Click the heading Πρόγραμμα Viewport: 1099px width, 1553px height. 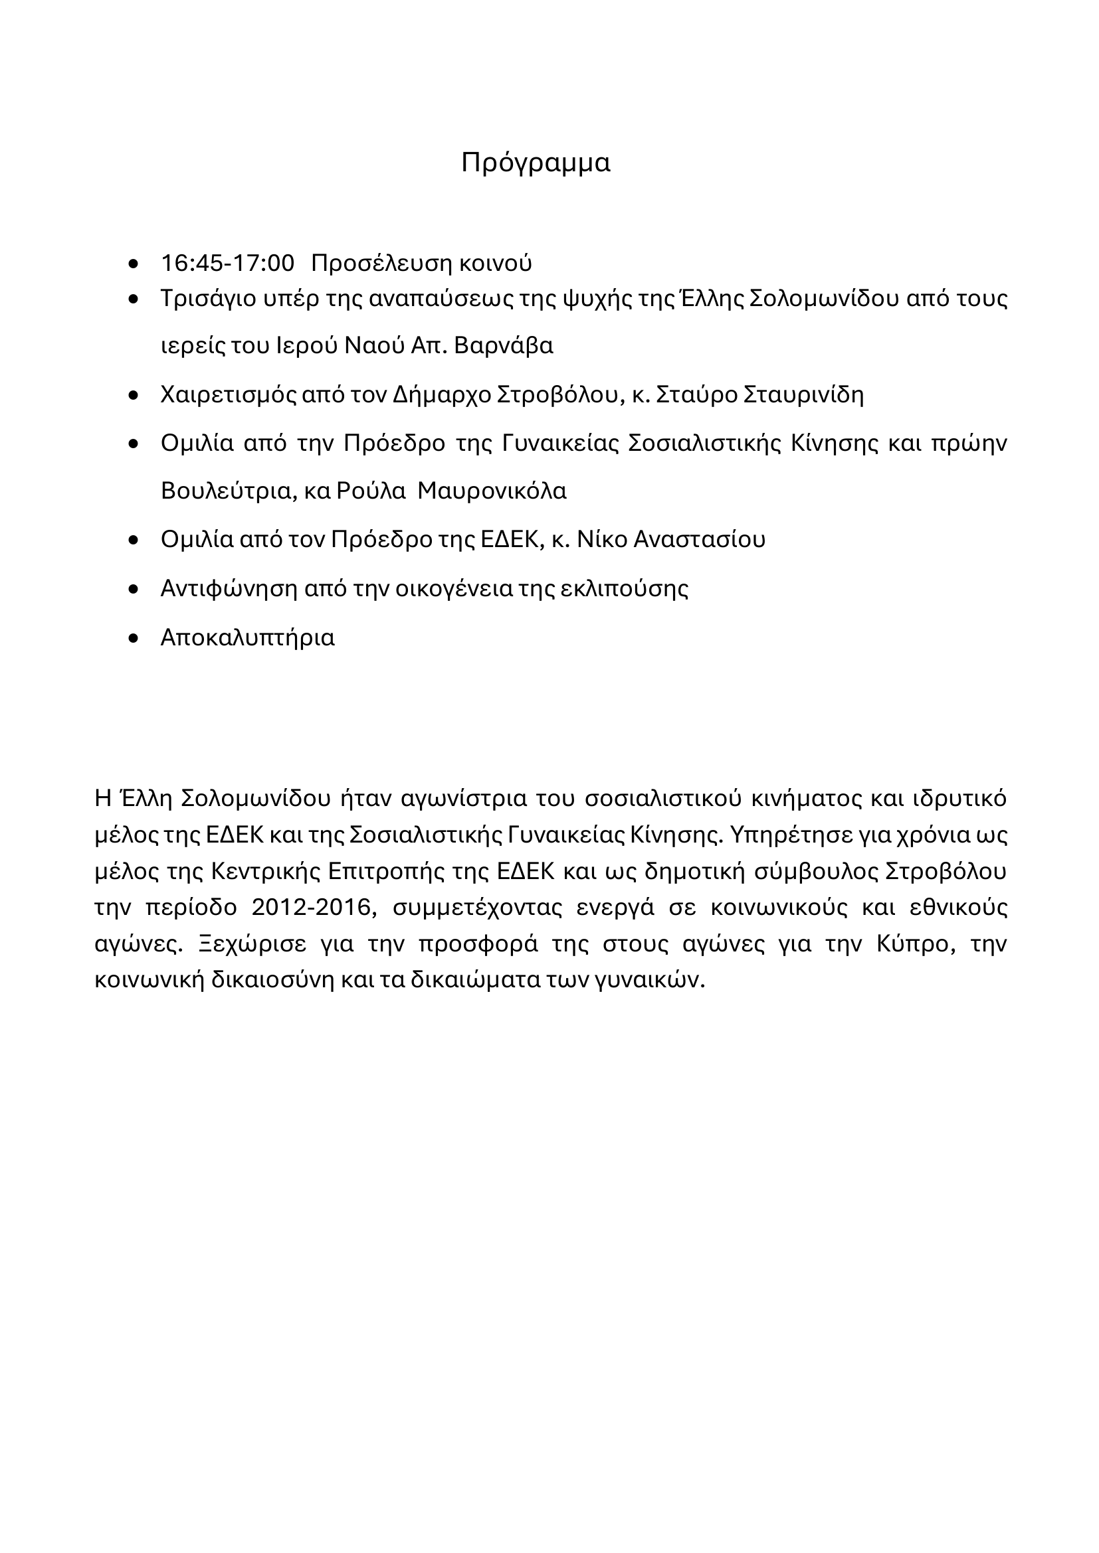click(536, 163)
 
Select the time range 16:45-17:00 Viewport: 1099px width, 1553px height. click(227, 263)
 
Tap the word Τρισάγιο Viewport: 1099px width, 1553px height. click(207, 298)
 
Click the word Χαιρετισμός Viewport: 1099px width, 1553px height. click(226, 394)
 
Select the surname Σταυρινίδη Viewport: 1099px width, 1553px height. click(803, 394)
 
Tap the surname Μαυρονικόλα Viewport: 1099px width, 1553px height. click(492, 491)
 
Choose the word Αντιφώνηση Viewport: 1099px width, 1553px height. click(229, 588)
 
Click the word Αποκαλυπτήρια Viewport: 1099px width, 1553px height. click(248, 638)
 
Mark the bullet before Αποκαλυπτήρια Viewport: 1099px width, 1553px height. click(134, 638)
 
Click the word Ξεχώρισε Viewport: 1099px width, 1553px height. click(243, 943)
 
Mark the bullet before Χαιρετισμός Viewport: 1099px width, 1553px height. click(134, 394)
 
